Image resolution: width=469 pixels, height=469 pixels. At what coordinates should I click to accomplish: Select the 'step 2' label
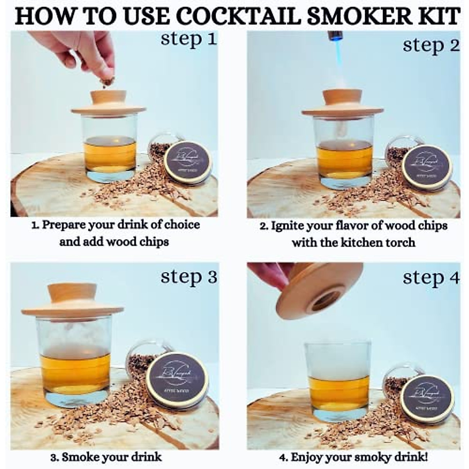pyautogui.click(x=431, y=45)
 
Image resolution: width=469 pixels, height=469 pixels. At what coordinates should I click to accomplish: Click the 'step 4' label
pyautogui.click(x=431, y=278)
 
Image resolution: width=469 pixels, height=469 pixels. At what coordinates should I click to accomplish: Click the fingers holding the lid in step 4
pyautogui.click(x=270, y=274)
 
